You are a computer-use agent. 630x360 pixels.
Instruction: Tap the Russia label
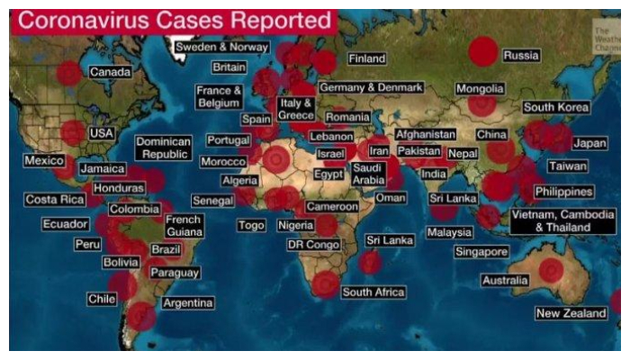(521, 56)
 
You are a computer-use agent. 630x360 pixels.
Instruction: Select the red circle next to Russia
(483, 51)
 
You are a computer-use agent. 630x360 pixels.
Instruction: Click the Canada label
(111, 71)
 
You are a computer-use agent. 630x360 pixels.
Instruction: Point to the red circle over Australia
(550, 269)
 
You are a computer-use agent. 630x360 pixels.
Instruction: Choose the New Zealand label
(571, 313)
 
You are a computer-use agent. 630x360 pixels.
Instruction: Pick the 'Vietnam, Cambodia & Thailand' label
(562, 221)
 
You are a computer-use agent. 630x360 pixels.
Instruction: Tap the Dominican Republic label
(164, 148)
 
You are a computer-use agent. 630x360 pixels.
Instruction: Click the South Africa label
(373, 292)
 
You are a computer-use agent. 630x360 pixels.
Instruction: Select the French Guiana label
(184, 225)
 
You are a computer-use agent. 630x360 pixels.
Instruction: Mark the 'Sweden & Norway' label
(221, 47)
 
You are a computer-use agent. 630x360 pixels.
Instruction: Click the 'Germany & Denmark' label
(370, 88)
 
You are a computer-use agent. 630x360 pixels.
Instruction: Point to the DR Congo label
(313, 245)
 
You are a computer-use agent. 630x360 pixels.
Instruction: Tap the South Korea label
(556, 107)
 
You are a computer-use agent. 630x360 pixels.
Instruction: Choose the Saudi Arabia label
(368, 174)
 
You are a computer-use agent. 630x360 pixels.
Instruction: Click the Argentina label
(188, 303)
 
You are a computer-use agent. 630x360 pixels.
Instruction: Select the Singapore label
(481, 253)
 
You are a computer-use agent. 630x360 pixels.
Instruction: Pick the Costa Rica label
(55, 200)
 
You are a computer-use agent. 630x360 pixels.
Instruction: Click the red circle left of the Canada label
(69, 74)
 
